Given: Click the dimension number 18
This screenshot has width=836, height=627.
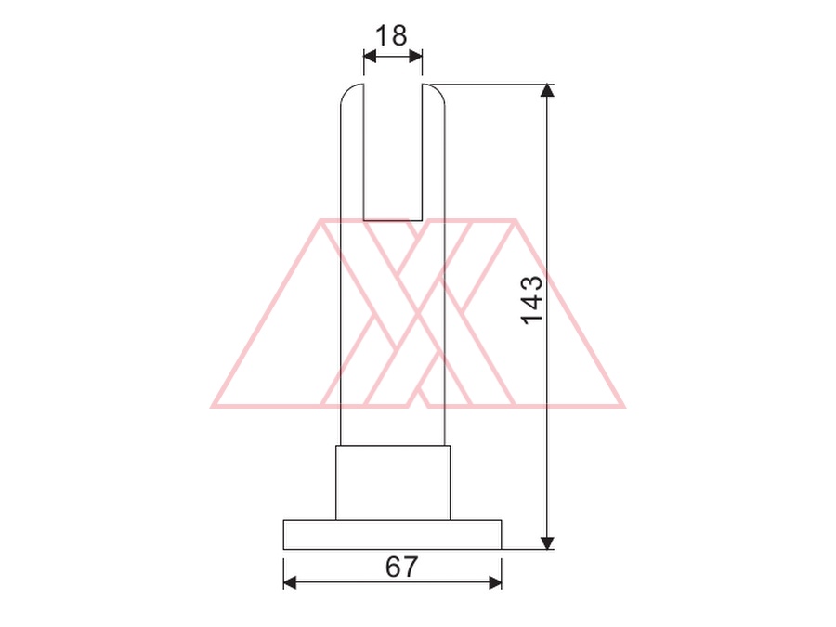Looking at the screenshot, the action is pos(391,35).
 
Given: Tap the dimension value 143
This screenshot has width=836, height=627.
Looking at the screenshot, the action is pos(531,300).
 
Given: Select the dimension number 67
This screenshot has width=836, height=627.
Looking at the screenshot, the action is pos(402,567).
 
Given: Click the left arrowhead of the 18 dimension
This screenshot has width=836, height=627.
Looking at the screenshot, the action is pos(370,56).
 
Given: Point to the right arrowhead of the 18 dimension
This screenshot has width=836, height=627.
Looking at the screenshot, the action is pos(416,56).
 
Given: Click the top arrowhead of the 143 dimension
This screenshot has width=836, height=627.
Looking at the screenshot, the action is pos(547,90).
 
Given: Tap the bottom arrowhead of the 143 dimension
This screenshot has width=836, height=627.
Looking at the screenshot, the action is pos(547,542).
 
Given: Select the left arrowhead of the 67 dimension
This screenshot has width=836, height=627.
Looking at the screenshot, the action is pos(290,582).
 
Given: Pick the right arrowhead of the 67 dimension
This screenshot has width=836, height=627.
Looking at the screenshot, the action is pos(495,582).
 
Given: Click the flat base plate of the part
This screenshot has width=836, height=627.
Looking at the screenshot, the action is pos(392,535).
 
